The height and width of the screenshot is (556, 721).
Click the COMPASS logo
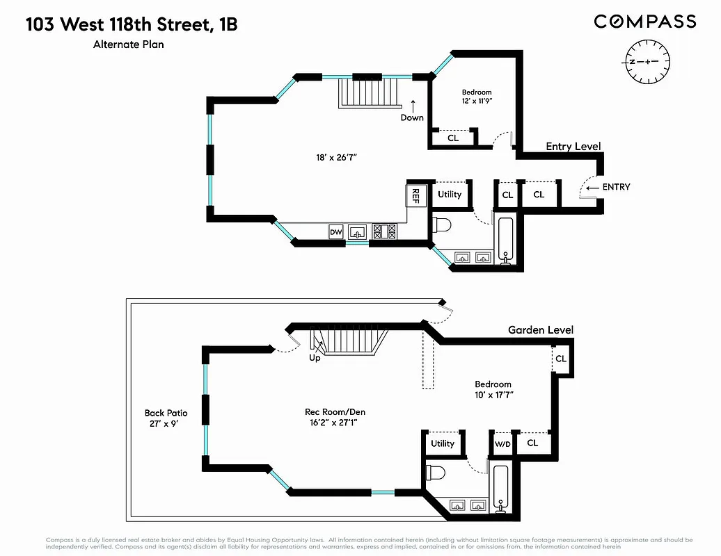644,22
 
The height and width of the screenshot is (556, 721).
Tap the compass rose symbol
647,62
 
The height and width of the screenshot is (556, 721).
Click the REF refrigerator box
415,194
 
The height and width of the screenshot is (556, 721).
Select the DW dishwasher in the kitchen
335,231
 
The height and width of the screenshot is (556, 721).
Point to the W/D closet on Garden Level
502,443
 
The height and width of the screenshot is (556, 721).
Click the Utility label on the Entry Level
450,194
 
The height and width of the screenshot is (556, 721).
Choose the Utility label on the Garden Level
443,443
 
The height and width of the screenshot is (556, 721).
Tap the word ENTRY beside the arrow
616,187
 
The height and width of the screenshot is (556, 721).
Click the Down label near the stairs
412,117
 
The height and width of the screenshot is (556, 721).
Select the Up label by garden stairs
315,358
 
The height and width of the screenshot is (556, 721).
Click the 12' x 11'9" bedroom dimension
477,101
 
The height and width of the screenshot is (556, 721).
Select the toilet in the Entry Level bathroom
443,224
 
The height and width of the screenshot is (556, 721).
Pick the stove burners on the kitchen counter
385,231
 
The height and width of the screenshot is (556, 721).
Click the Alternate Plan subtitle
129,44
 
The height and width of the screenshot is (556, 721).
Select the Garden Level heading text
540,330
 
